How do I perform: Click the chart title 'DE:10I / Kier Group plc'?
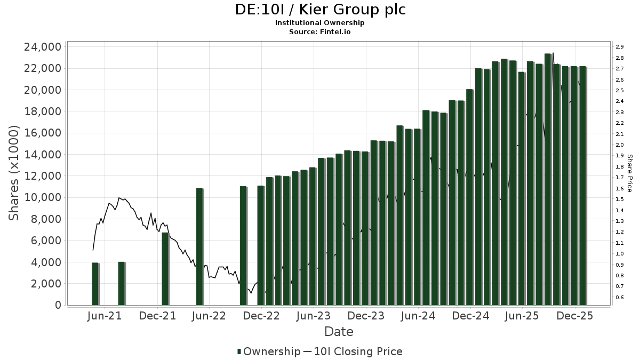pyautogui.click(x=320, y=10)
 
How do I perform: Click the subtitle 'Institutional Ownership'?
pyautogui.click(x=320, y=23)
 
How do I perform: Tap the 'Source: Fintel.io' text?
pyautogui.click(x=320, y=32)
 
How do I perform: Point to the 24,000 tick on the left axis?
pyautogui.click(x=43, y=47)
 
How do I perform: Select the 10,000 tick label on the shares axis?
pyautogui.click(x=43, y=197)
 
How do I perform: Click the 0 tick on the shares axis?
pyautogui.click(x=58, y=305)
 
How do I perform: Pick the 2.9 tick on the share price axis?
pyautogui.click(x=620, y=47)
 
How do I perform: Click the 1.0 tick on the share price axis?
pyautogui.click(x=620, y=254)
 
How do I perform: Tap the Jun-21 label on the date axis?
pyautogui.click(x=105, y=316)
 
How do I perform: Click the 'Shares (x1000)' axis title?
pyautogui.click(x=14, y=173)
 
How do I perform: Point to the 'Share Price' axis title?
pyautogui.click(x=629, y=173)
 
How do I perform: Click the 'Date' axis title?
pyautogui.click(x=339, y=332)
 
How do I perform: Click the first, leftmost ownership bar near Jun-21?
pyautogui.click(x=95, y=284)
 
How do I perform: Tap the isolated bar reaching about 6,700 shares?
pyautogui.click(x=165, y=269)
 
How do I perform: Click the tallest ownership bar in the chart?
pyautogui.click(x=548, y=179)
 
